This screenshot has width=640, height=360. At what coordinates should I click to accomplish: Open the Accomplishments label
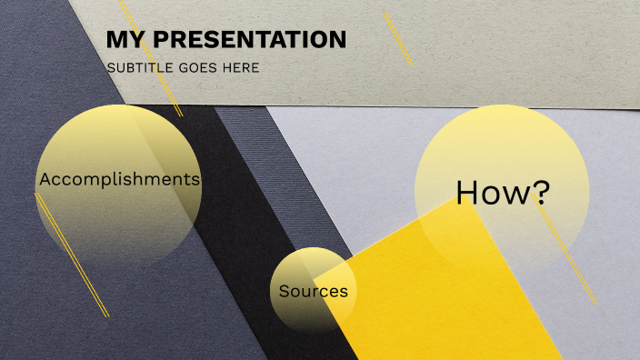(x=119, y=179)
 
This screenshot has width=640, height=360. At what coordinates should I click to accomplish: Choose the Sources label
(x=313, y=292)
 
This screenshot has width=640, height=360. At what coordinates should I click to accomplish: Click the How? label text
(x=503, y=192)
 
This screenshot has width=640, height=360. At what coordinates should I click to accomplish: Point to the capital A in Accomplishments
(x=45, y=179)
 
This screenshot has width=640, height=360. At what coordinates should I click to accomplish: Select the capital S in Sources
(x=284, y=292)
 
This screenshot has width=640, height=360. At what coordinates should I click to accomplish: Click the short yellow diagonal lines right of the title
(x=398, y=38)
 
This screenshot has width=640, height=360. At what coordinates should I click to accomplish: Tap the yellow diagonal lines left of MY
(x=151, y=60)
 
